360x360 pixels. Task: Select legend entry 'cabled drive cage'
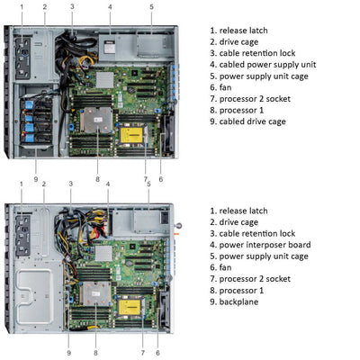click(253, 123)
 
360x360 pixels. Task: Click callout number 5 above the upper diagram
click(151, 7)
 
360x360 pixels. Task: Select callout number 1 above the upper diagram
click(22, 7)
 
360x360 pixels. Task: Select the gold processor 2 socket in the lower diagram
click(139, 309)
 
